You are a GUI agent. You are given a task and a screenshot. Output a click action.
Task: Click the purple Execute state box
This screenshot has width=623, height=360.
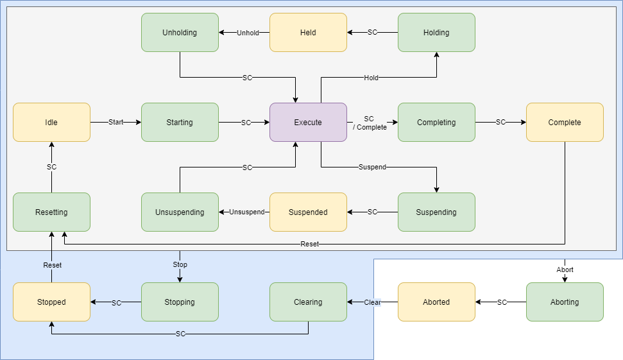coord(308,122)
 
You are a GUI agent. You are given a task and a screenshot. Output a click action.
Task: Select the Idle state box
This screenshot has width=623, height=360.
coord(51,122)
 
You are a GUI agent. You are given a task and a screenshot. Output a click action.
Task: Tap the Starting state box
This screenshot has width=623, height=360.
coord(180,122)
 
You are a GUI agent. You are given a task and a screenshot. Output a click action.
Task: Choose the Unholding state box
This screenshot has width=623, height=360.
coord(180,32)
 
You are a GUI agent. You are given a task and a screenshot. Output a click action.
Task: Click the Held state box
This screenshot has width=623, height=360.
coord(308,32)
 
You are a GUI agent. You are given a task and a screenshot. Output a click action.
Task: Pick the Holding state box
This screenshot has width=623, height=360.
coord(436,32)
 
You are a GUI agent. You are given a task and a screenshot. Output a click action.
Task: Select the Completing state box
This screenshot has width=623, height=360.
coord(436,122)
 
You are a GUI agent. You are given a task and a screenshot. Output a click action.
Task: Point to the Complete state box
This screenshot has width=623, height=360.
coord(565,122)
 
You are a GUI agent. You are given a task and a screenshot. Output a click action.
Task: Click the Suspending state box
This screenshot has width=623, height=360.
coord(436,212)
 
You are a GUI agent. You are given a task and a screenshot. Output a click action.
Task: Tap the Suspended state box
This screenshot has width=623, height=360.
coord(308,212)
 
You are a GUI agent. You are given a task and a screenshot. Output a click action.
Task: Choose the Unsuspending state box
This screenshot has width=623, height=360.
coord(180,212)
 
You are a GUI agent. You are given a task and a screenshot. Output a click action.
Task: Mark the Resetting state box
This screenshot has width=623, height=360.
coord(51,212)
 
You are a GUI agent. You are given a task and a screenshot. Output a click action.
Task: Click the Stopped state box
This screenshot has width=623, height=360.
coord(51,302)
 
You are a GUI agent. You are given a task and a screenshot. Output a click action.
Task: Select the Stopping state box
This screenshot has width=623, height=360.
coord(180,302)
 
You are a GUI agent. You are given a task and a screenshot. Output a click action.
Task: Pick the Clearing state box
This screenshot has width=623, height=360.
coord(308,302)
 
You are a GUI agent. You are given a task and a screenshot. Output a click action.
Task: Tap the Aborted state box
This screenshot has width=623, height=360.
coord(436,302)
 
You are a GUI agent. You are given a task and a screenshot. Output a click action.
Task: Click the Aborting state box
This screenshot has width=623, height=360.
coord(565,302)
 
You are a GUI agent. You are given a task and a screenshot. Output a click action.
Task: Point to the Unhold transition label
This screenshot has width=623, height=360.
coord(248,33)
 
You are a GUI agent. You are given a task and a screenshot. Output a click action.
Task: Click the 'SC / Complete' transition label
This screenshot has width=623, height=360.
coord(370,123)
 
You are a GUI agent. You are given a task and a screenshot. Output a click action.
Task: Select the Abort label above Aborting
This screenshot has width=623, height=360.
coord(565,270)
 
